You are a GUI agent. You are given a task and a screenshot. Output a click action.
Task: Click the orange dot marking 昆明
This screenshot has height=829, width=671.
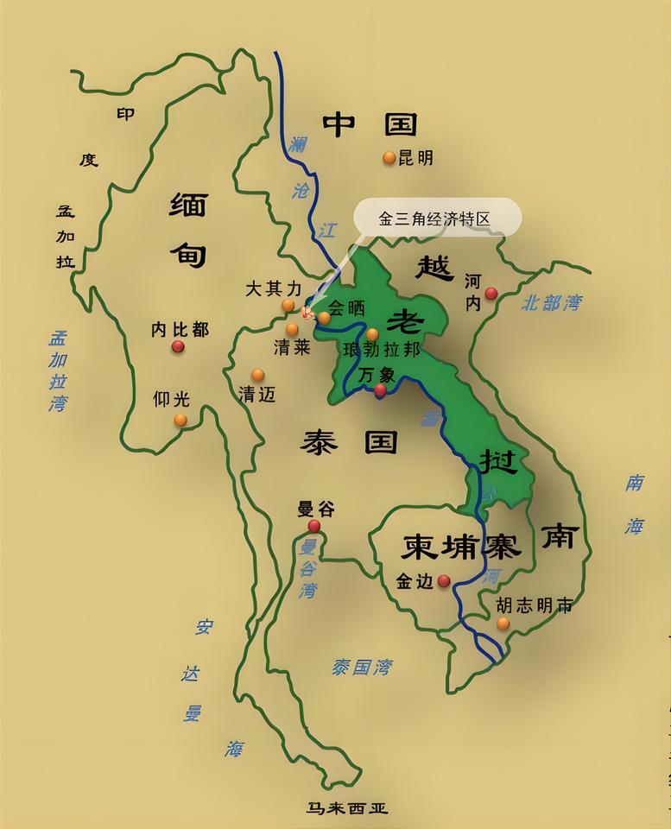click(389, 158)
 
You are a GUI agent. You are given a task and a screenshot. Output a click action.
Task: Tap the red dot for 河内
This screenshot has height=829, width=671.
click(491, 294)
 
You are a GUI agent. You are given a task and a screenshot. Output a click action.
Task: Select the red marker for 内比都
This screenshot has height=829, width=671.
click(178, 346)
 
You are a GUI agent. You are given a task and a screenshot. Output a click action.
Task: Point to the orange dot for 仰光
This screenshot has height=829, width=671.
click(180, 421)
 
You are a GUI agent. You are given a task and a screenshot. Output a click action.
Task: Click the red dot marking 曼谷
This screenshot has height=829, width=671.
click(314, 526)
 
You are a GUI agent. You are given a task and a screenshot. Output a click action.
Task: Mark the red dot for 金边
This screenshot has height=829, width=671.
click(444, 581)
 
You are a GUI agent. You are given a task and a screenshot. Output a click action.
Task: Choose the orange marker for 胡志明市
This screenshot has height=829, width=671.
click(503, 623)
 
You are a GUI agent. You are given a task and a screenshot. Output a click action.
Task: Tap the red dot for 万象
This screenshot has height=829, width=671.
click(380, 390)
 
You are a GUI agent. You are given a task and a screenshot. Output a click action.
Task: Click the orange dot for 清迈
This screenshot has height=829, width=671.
click(257, 375)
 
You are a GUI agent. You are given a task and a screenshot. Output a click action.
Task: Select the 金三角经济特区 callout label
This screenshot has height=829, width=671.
click(435, 218)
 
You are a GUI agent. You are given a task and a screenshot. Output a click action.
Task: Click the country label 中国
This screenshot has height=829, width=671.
click(370, 125)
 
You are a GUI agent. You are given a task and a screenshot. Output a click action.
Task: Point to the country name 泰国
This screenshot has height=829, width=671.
click(349, 443)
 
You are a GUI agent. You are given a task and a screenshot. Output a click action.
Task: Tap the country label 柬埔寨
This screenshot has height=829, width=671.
click(461, 547)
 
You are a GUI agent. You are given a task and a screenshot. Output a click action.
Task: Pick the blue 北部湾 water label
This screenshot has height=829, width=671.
click(552, 303)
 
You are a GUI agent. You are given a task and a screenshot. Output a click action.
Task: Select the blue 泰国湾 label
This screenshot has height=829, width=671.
click(362, 667)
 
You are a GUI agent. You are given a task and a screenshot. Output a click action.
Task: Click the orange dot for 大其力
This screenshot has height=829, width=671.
click(288, 306)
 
